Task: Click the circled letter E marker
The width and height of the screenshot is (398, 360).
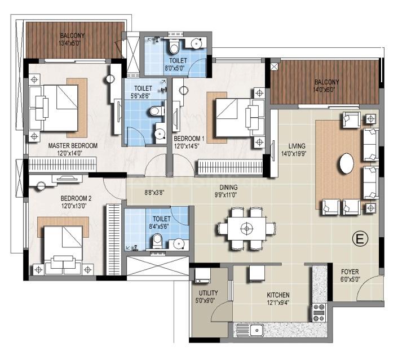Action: [x=360, y=239]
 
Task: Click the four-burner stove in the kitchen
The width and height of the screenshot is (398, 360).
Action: [x=319, y=313]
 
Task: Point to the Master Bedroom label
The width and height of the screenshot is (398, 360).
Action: [x=73, y=145]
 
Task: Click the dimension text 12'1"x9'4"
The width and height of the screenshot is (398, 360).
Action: [x=278, y=302]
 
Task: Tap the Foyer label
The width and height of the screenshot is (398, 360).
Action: [x=350, y=272]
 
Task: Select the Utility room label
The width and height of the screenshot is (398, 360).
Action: [x=208, y=293]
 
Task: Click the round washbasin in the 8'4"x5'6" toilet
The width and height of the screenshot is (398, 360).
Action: [x=179, y=244]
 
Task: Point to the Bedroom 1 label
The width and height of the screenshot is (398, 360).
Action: [x=189, y=139]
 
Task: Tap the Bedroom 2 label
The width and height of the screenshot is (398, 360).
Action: [x=76, y=198]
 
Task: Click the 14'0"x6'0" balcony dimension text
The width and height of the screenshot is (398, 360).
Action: [x=326, y=90]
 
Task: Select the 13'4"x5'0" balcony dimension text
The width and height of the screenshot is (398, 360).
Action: [x=69, y=43]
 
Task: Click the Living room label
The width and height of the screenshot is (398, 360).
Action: [x=297, y=146]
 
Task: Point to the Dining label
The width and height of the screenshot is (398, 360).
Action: [x=228, y=188]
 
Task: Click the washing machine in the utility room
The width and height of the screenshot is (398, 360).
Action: [x=202, y=275]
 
